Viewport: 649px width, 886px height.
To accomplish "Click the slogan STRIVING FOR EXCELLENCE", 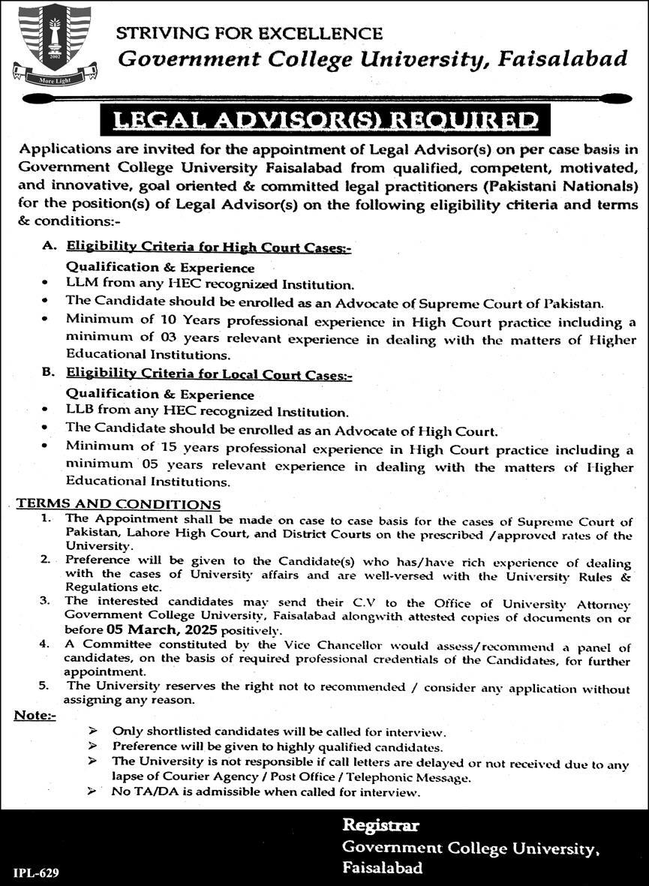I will tap(249, 33).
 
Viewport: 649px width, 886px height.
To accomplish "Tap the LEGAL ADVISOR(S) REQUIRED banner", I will tap(324, 120).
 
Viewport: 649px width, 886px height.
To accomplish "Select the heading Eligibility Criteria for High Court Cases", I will tap(209, 246).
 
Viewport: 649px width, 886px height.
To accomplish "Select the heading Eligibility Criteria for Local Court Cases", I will tap(209, 374).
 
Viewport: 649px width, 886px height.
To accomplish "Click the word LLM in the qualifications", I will tap(80, 284).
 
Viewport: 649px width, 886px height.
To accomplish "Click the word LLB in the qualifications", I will tap(80, 412).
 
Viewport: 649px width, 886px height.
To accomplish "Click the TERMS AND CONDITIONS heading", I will tap(119, 504).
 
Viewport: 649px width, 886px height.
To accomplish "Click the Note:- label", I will tap(35, 716).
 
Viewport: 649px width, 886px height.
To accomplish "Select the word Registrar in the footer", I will tap(380, 826).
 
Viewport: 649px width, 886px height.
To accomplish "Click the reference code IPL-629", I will tap(36, 872).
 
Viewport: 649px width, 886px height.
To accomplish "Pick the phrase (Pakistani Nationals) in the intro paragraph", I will tap(570, 185).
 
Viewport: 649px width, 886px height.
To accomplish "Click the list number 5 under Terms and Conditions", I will tap(44, 685).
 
